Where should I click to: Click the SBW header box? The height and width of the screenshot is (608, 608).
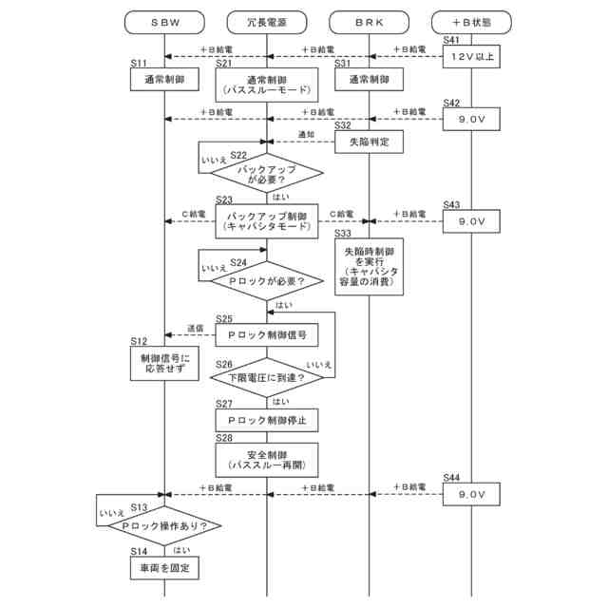click(164, 20)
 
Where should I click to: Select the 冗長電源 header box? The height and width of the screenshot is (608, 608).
click(266, 20)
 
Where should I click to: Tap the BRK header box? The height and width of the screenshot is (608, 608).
click(369, 20)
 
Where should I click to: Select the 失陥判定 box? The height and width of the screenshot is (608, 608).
click(369, 142)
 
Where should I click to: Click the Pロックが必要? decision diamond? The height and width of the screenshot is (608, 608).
click(266, 281)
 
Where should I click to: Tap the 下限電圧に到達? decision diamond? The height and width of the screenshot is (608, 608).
click(266, 378)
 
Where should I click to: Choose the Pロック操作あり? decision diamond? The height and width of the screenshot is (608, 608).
click(164, 525)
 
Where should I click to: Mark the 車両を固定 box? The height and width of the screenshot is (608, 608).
click(164, 568)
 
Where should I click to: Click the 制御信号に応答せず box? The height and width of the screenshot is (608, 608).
click(164, 363)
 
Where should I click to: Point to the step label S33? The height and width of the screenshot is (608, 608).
click(343, 232)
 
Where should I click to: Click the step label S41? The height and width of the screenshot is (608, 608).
click(451, 39)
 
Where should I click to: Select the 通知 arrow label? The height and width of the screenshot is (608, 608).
click(306, 134)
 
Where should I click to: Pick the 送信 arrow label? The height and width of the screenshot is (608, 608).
click(196, 328)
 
